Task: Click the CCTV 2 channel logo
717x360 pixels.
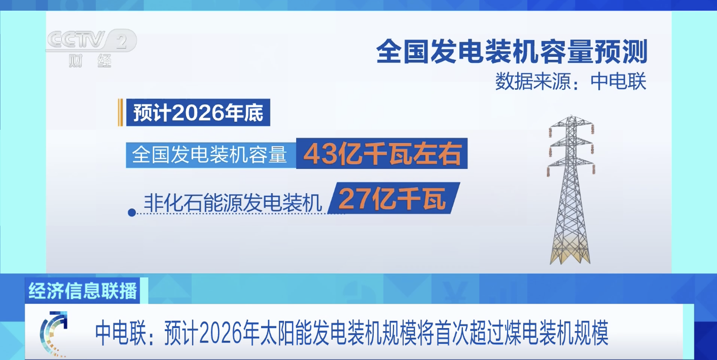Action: coord(91,48)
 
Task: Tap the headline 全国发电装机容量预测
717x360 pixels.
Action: coord(512,52)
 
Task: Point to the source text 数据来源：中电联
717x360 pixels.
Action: coord(571,81)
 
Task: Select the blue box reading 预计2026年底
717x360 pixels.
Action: coord(198,113)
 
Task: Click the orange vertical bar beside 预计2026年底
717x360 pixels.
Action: coord(120,113)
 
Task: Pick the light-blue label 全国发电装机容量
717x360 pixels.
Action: coord(211,155)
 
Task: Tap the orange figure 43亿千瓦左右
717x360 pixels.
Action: coord(382,154)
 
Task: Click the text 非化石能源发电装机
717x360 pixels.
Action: coord(233,202)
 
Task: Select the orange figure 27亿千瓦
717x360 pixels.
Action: coord(392,198)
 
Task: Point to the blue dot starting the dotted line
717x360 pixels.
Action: coord(132,212)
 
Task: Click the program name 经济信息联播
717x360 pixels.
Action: coord(83,291)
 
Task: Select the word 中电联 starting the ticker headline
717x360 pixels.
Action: coord(120,333)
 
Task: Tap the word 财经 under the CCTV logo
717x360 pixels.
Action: coord(90,61)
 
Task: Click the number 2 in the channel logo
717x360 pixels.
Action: coord(121,41)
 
